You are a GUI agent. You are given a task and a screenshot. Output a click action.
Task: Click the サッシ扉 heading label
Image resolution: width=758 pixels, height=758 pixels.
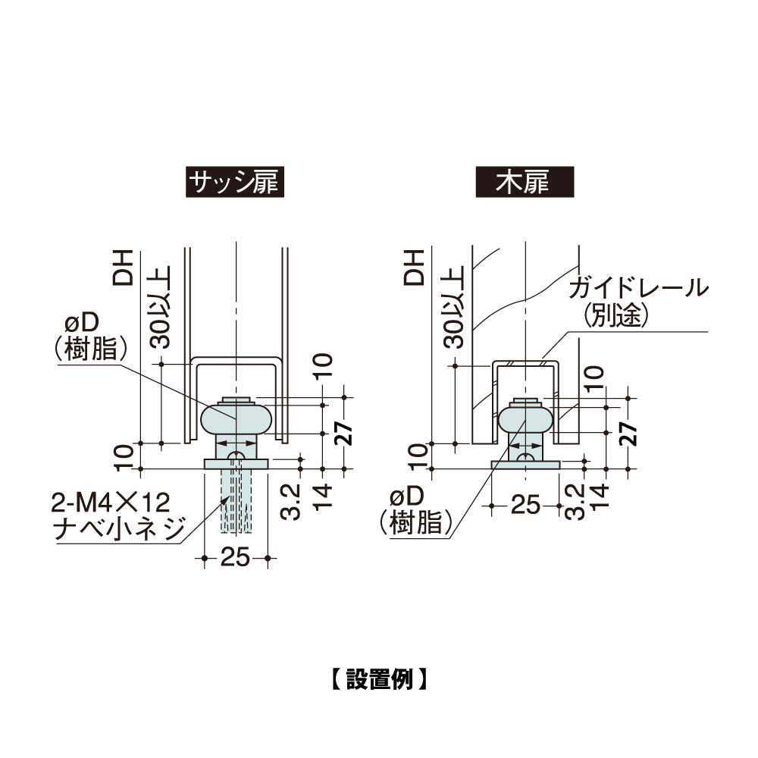point(235,182)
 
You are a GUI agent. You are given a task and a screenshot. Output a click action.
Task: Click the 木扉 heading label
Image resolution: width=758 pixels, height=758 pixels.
point(525,182)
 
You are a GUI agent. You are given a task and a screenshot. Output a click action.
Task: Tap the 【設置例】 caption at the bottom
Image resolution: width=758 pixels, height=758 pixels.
point(379,678)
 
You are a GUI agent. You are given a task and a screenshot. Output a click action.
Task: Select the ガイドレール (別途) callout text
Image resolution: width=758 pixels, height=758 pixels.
point(638,302)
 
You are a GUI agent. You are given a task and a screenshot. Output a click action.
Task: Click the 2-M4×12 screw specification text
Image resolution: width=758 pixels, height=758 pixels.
point(111,503)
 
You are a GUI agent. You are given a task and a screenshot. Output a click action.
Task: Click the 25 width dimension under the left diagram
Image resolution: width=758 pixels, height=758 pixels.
point(236,558)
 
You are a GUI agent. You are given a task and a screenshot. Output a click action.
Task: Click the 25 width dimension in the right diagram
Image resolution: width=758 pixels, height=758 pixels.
point(525,506)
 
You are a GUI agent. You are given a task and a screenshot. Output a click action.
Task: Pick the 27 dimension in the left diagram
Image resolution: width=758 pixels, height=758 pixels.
point(343,433)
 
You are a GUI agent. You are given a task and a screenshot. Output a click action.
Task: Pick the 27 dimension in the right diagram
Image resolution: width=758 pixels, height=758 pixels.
point(628,433)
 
